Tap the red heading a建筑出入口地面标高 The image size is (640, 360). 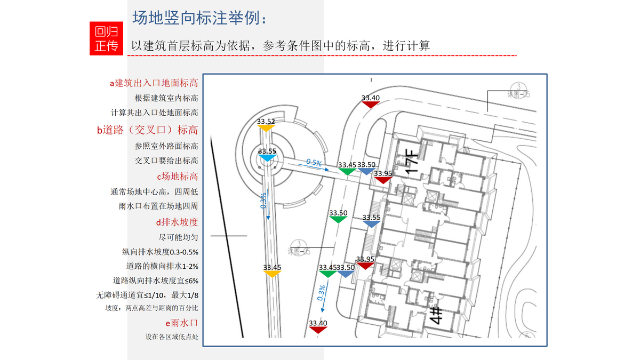pos(154,83)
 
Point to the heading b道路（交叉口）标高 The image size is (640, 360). pos(147,130)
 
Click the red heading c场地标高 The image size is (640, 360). pos(177,176)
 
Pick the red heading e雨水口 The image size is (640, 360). pos(182,323)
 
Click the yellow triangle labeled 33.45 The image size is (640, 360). pos(272,273)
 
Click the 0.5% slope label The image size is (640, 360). pos(314,163)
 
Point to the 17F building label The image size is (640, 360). pos(414,162)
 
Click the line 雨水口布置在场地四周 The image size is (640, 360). pos(158,206)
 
